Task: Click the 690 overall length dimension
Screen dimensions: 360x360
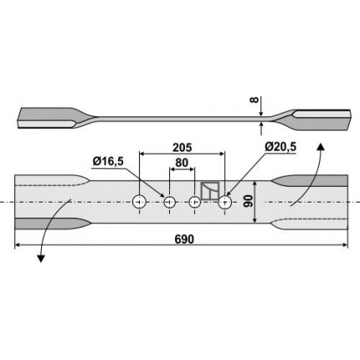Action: pyautogui.click(x=184, y=239)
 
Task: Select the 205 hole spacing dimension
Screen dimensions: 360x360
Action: pyautogui.click(x=183, y=147)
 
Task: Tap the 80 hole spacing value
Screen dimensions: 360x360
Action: pyautogui.click(x=182, y=162)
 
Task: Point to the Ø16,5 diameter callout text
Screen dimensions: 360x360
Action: pyautogui.click(x=108, y=162)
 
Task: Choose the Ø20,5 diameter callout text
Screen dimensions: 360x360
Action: pyautogui.click(x=280, y=147)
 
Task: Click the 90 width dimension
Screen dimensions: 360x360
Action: pyautogui.click(x=248, y=201)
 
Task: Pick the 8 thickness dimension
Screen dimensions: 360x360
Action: pyautogui.click(x=255, y=100)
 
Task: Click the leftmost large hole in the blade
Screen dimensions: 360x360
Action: pyautogui.click(x=139, y=202)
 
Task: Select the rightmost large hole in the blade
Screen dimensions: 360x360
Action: pyautogui.click(x=224, y=202)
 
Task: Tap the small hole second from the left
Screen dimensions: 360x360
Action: pyautogui.click(x=169, y=202)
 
